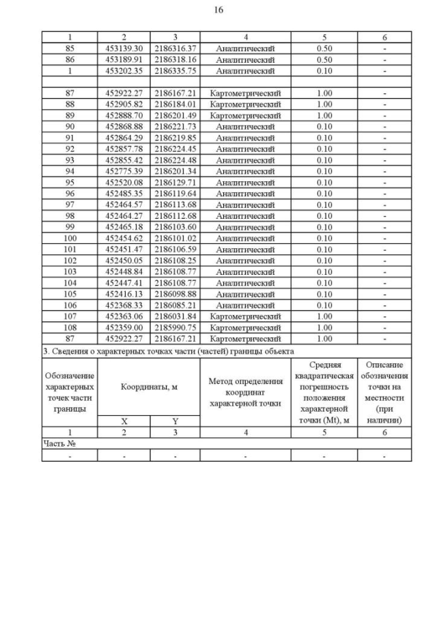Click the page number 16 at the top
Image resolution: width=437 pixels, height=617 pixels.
(x=218, y=10)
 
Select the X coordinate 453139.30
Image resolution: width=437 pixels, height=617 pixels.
(x=124, y=48)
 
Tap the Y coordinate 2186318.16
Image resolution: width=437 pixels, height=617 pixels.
(x=175, y=59)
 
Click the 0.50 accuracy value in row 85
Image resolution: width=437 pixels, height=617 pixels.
(x=324, y=48)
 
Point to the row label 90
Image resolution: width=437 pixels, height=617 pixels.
(x=69, y=127)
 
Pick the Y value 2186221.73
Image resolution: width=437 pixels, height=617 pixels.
(x=175, y=127)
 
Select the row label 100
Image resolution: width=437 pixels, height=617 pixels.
(x=69, y=238)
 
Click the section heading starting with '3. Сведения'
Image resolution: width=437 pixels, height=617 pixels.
(x=168, y=351)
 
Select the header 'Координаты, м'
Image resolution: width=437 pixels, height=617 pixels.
(x=149, y=387)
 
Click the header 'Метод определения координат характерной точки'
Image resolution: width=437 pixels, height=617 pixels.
(x=245, y=392)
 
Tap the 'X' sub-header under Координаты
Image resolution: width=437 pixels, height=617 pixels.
(x=124, y=421)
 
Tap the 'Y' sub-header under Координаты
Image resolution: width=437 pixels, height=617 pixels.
(x=175, y=421)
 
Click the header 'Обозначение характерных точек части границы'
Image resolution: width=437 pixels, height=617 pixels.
(x=69, y=392)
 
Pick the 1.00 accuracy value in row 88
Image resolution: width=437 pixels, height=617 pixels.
(x=324, y=104)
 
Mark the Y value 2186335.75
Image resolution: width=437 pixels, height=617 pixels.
(x=175, y=70)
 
